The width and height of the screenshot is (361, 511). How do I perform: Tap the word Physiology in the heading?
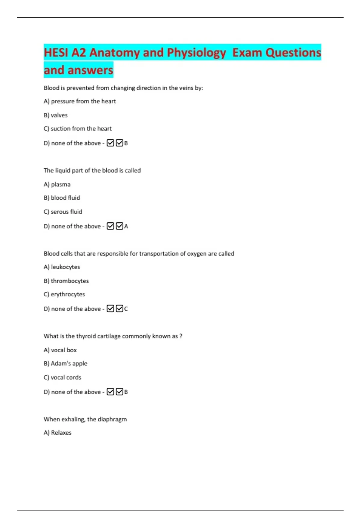coord(196,53)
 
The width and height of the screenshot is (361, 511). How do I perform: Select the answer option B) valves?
coord(56,115)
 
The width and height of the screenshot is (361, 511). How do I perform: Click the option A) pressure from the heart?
coord(80,101)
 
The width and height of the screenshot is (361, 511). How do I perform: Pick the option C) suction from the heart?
coord(78,129)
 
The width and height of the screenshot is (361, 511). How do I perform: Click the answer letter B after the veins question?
coord(126,143)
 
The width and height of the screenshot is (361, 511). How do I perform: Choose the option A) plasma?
coord(57,184)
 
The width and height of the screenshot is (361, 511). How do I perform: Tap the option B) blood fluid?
coord(62,198)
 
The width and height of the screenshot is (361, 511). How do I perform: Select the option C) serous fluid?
coord(63,212)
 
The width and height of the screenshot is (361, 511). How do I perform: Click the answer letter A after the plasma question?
coord(126,226)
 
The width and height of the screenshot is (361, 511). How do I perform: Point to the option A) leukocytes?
coord(62,267)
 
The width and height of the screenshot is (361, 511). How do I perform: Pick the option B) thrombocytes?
coord(66,281)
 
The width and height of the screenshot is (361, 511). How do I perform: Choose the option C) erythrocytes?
coord(64,294)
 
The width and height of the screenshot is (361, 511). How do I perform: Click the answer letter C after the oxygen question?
coord(126,309)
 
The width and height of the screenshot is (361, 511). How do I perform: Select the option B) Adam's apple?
coord(66,363)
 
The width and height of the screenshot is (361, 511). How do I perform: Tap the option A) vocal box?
coord(60,350)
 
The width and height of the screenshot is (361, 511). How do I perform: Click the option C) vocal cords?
coord(63,377)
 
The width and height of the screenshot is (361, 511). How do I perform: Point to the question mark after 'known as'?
coord(181,336)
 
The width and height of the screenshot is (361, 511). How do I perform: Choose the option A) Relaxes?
coord(57,433)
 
